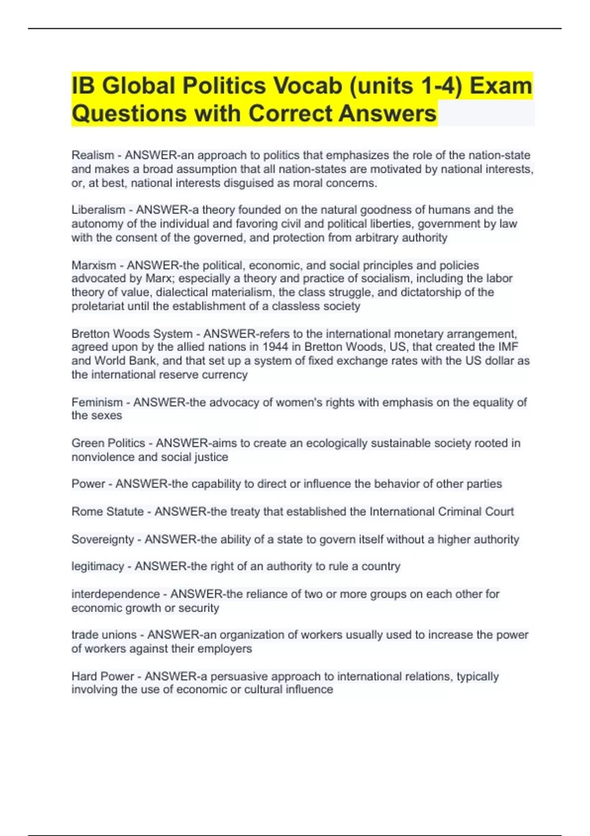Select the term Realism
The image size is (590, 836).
pyautogui.click(x=92, y=155)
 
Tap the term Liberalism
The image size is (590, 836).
pyautogui.click(x=98, y=210)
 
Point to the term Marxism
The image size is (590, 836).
pyautogui.click(x=94, y=266)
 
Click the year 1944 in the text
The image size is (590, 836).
pyautogui.click(x=274, y=347)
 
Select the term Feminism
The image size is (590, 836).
pyautogui.click(x=97, y=403)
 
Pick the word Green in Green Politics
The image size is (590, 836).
pyautogui.click(x=88, y=443)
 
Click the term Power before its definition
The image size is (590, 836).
pyautogui.click(x=88, y=484)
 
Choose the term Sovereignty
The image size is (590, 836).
pyautogui.click(x=102, y=539)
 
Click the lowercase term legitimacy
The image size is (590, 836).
pyautogui.click(x=97, y=567)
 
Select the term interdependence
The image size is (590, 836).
pyautogui.click(x=116, y=594)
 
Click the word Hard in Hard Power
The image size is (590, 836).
pyautogui.click(x=86, y=677)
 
